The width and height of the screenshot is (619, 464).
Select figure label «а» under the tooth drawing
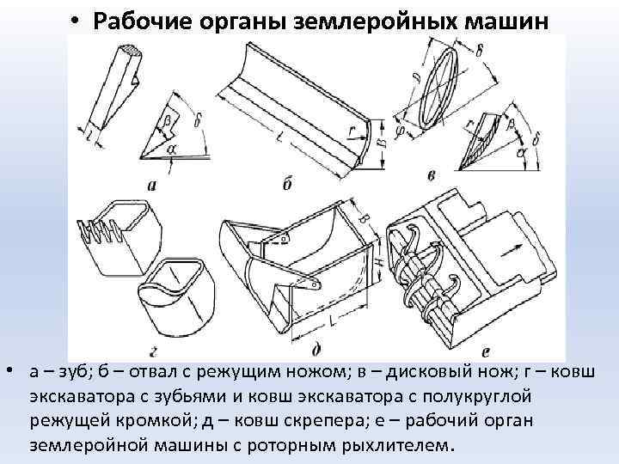(151, 183)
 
